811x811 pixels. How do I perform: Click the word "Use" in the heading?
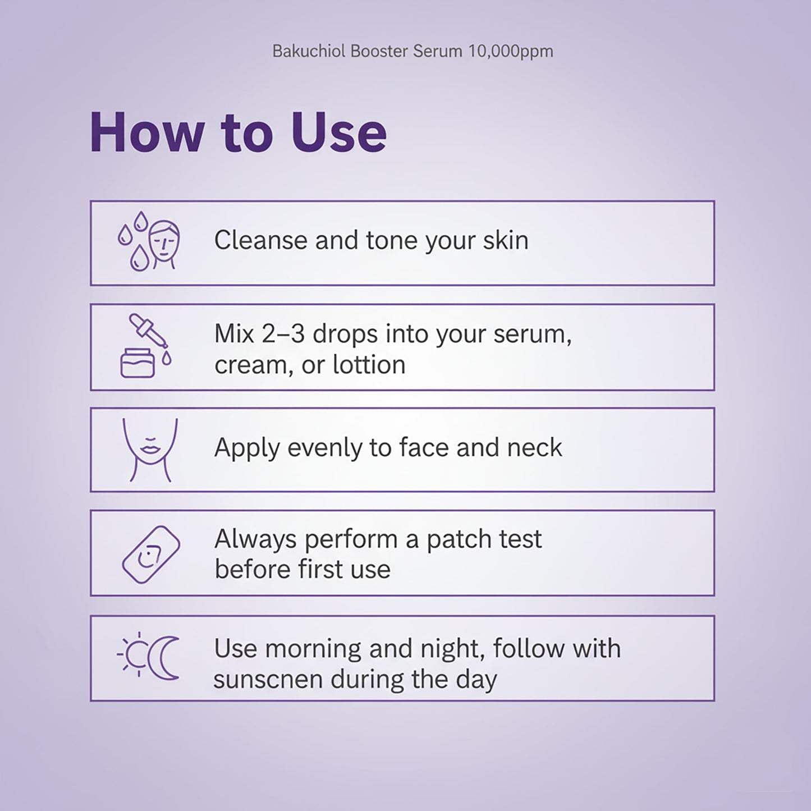pos(338,133)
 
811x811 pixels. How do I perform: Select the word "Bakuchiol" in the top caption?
pos(309,52)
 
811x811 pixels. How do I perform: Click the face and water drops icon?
pos(149,242)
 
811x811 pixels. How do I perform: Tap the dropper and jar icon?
pos(145,346)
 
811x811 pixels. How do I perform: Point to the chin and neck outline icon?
pos(150,450)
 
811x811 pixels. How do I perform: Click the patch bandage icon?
pos(151,554)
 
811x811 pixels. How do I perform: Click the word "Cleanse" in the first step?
pos(260,241)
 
